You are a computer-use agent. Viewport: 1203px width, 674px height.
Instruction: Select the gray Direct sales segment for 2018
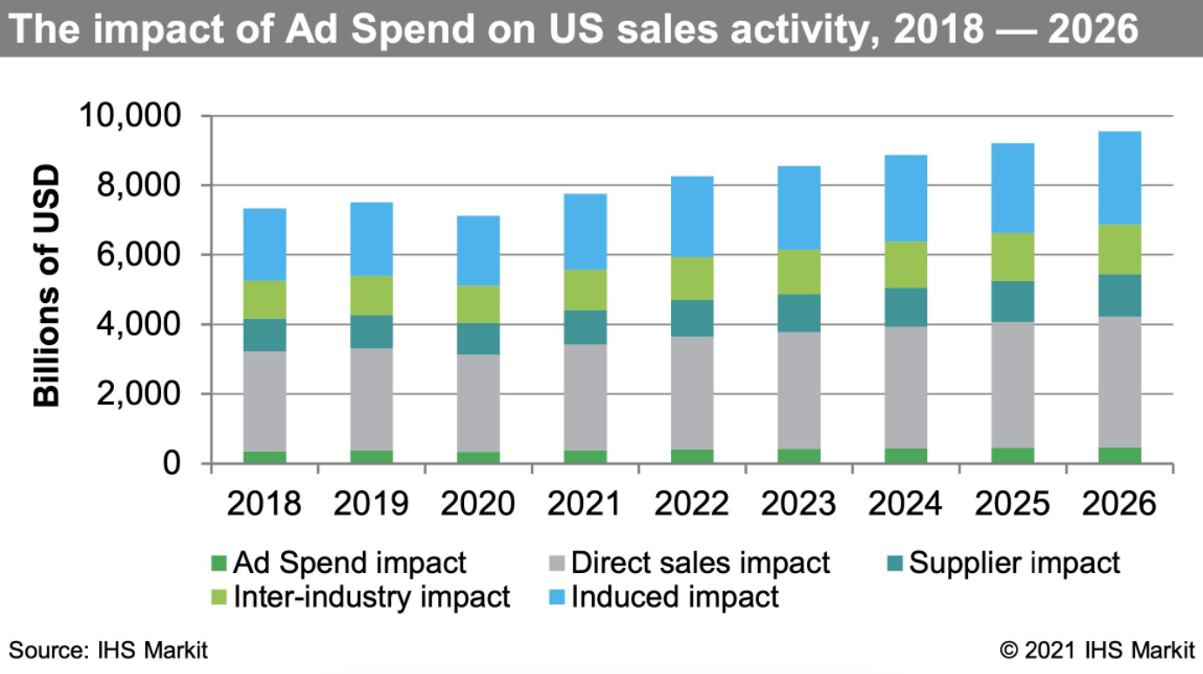(x=264, y=401)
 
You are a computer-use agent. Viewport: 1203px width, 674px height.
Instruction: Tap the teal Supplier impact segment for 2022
(x=692, y=318)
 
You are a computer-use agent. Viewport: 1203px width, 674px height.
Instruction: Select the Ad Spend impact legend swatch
(x=218, y=563)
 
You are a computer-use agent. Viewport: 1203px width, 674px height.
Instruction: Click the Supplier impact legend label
(x=1015, y=563)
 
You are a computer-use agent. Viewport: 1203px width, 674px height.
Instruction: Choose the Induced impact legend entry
(x=675, y=597)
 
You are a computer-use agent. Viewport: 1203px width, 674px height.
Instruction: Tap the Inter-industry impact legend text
(x=372, y=597)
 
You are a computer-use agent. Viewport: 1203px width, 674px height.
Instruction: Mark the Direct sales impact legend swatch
(x=557, y=563)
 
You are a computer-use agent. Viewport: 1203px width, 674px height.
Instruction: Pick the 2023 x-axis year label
(x=798, y=504)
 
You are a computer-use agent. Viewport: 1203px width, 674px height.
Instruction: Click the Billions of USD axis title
(x=48, y=285)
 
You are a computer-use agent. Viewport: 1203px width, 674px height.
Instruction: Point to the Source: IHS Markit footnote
(x=109, y=650)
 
